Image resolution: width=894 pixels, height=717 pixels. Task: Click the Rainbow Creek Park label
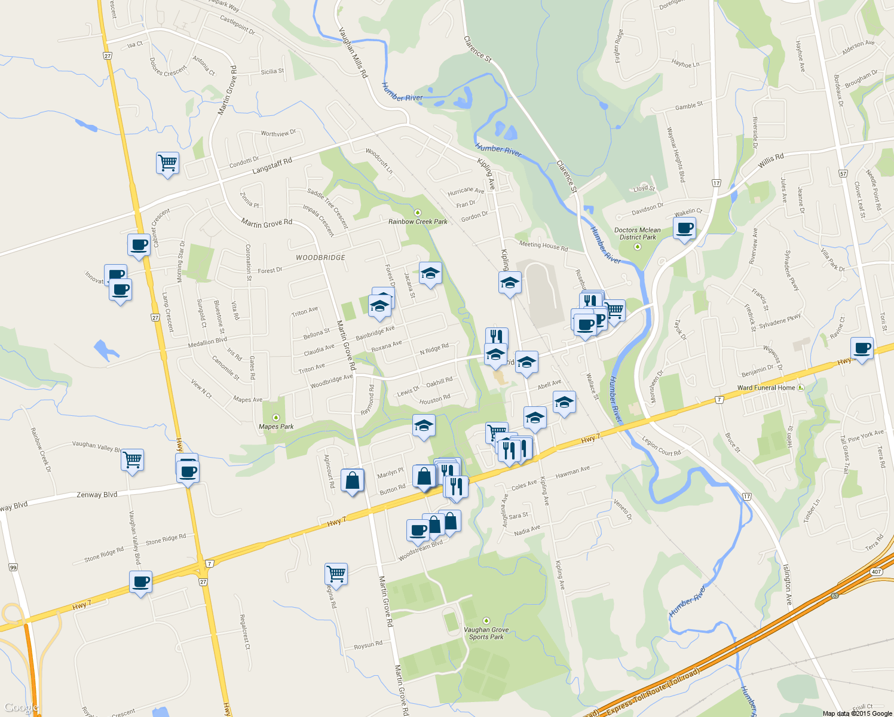point(418,222)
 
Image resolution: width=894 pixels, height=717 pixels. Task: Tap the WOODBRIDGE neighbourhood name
point(320,258)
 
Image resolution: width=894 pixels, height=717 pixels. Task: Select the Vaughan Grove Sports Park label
point(486,633)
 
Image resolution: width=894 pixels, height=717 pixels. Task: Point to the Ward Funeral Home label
point(766,388)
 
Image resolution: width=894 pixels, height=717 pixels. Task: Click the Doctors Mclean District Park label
point(638,234)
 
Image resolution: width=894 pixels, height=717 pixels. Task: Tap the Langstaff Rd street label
point(272,166)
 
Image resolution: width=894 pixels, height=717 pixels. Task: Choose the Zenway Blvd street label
point(97,495)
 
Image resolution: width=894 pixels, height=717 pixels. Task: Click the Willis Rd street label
point(771,160)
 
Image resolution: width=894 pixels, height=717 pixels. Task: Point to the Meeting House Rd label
point(543,245)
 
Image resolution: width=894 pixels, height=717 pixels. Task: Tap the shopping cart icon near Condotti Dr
point(167,163)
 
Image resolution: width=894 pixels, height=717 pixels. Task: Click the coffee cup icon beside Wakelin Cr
point(684,228)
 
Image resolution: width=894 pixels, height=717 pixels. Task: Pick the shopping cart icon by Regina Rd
point(336,574)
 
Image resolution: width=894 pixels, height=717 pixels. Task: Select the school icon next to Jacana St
point(430,273)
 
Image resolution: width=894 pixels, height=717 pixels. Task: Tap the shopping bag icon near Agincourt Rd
point(352,480)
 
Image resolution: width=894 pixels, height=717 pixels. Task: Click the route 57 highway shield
point(843,173)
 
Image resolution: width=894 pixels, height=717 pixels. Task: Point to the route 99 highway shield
point(13,567)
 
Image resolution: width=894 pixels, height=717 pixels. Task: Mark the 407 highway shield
point(876,572)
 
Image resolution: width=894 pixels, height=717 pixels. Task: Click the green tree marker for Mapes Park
point(275,417)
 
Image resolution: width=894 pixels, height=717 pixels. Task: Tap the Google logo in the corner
point(20,707)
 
